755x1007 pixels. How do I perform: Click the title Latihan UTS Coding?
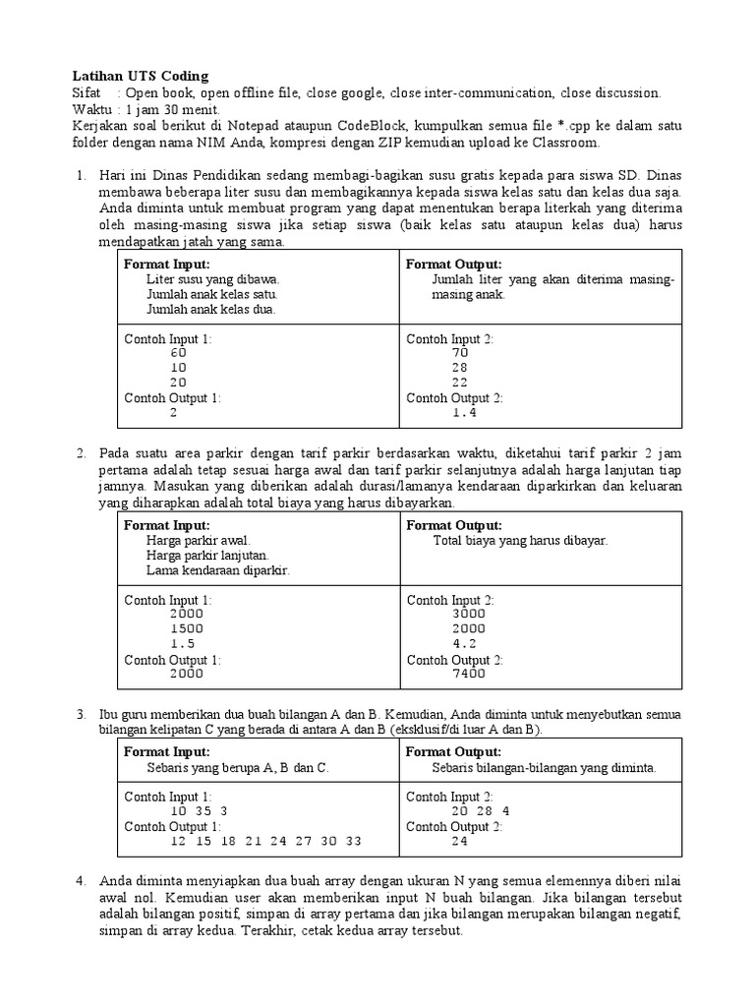click(x=141, y=76)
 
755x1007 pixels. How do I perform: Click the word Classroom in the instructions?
click(x=565, y=143)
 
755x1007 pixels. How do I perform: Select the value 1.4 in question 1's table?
click(x=464, y=413)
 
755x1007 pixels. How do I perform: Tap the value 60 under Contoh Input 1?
click(x=178, y=352)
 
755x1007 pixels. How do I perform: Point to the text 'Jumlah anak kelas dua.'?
click(x=211, y=309)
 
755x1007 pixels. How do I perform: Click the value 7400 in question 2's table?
click(x=469, y=675)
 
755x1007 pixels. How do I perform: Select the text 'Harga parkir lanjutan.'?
click(x=208, y=555)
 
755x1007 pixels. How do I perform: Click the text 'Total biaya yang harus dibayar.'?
click(x=520, y=541)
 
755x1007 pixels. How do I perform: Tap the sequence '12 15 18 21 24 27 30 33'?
click(x=265, y=842)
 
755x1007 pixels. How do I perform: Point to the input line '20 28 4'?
click(x=481, y=811)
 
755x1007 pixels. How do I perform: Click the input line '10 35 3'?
click(x=199, y=811)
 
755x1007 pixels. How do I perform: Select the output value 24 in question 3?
click(x=460, y=842)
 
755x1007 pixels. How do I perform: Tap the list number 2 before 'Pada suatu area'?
click(x=82, y=453)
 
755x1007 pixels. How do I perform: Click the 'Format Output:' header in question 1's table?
click(x=454, y=265)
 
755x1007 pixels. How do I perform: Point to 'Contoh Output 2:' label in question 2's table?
click(x=454, y=660)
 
